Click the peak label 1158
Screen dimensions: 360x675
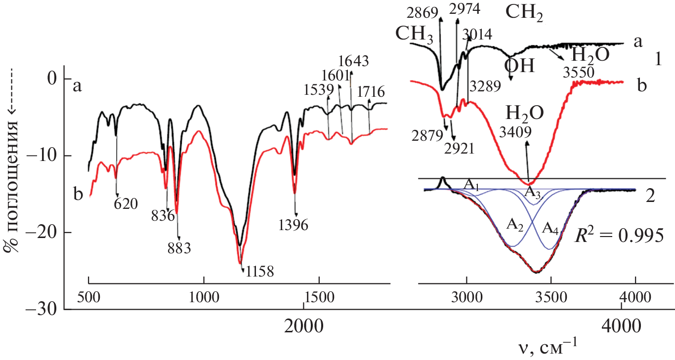point(259,271)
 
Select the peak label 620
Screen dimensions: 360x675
point(126,203)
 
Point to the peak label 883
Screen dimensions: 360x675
point(179,247)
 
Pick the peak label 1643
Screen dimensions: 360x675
point(353,62)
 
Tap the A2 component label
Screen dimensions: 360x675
point(515,224)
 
